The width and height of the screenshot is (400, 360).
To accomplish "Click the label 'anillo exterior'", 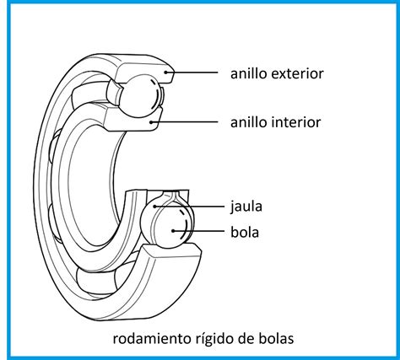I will pos(276,73).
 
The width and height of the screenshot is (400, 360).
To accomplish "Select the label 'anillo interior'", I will pos(275,122).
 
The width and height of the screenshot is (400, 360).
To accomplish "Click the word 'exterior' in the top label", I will pos(296,73).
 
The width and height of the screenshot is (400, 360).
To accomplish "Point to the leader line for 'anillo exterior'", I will pos(194,73).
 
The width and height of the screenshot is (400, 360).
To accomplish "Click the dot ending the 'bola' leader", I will pos(174,229).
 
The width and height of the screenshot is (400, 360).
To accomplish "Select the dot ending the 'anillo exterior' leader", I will pos(168,73).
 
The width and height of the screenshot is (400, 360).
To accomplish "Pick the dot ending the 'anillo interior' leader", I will pos(152,122).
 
